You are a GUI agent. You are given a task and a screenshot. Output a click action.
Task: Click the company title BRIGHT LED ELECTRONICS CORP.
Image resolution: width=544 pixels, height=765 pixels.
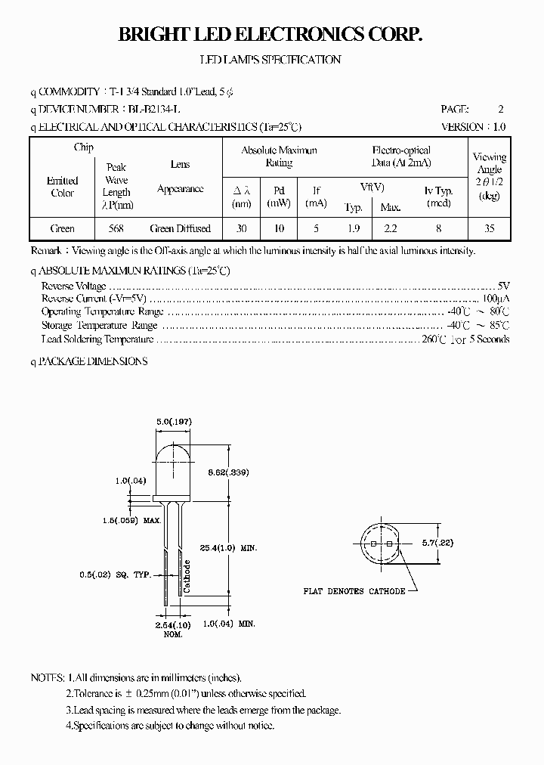270,35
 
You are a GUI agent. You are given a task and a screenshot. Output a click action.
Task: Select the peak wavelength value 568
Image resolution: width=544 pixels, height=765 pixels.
116,228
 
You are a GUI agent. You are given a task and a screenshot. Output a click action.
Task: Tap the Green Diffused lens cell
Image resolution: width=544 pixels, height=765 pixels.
181,228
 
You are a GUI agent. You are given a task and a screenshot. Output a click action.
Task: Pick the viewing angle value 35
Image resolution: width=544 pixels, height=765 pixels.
490,228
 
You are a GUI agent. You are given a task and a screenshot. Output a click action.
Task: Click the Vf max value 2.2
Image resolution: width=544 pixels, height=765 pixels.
391,228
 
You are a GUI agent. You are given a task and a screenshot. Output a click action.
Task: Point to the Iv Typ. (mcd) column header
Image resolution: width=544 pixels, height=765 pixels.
438,197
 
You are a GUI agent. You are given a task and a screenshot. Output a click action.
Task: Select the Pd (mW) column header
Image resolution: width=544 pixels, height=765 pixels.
279,197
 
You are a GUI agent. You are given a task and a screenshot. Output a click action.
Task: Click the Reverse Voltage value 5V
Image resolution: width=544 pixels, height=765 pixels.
504,286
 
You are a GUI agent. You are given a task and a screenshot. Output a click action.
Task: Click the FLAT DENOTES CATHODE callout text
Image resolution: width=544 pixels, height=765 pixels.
354,591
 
